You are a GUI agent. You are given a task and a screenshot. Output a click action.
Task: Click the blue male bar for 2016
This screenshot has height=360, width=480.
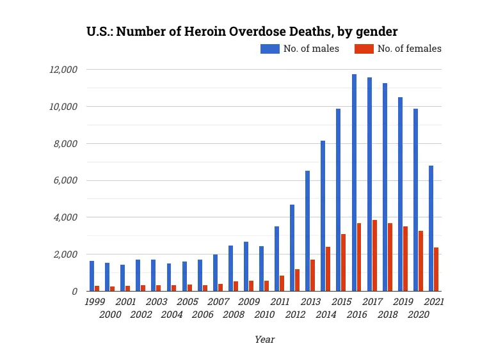point(354,183)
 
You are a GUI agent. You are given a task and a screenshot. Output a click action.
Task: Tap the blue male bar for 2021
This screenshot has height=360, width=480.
point(431,228)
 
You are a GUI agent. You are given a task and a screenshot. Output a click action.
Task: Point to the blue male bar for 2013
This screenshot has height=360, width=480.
point(308,231)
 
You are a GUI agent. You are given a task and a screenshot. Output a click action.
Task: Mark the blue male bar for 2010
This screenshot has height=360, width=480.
point(261,269)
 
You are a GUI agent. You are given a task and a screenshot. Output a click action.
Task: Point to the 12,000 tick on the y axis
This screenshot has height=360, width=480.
point(65,69)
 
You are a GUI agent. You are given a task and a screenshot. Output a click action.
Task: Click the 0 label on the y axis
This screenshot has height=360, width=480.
point(75,292)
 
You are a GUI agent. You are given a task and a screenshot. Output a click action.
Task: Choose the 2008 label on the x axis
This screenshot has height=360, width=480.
point(234,315)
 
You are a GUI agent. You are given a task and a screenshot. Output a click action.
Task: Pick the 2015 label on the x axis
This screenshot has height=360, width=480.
point(342,301)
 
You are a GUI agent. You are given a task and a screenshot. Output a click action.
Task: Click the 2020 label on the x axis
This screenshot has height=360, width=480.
point(419,315)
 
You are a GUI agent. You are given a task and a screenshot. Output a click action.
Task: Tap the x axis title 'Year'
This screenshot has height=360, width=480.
point(264,340)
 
